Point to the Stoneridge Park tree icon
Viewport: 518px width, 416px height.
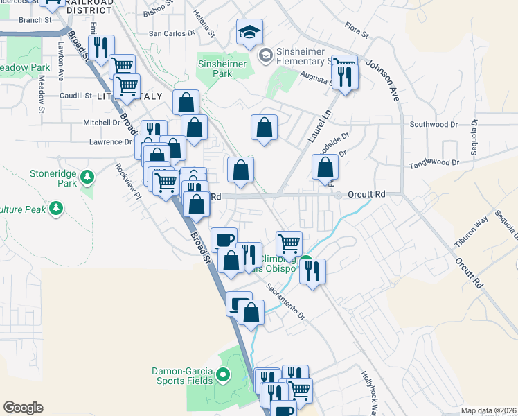pyautogui.click(x=87, y=177)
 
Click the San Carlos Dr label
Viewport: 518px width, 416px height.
pyautogui.click(x=172, y=33)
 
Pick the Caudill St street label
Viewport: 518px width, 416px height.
pyautogui.click(x=75, y=96)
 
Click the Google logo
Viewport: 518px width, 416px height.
pyautogui.click(x=23, y=407)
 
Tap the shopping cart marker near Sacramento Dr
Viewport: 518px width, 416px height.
pyautogui.click(x=289, y=243)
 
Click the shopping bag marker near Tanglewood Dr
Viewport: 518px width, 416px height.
pyautogui.click(x=325, y=167)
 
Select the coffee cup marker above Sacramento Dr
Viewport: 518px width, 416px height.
pyautogui.click(x=223, y=241)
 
